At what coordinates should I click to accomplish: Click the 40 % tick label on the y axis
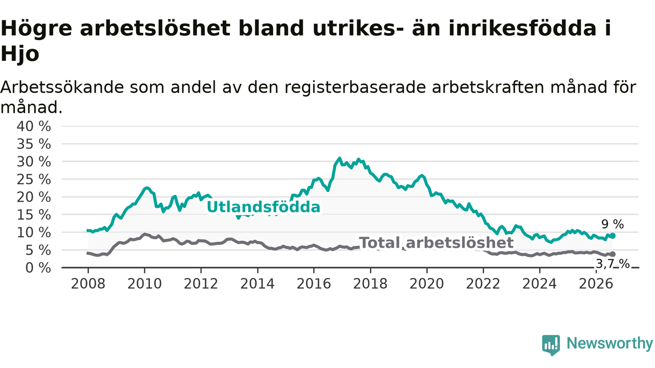[x=34, y=126]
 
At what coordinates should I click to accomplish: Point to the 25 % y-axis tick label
[x=34, y=179]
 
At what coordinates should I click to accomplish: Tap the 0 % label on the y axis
[x=38, y=268]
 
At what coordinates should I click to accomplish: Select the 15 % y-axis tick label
[x=34, y=215]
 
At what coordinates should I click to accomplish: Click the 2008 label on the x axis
[x=88, y=284]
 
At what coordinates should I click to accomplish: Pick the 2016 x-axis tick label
[x=314, y=284]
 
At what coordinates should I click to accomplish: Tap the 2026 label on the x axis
[x=596, y=284]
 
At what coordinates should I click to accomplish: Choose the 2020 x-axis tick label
[x=427, y=284]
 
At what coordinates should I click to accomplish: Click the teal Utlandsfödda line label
[x=264, y=207]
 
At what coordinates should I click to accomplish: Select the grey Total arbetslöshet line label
[x=436, y=243]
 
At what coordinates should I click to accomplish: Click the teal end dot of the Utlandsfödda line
[x=613, y=236]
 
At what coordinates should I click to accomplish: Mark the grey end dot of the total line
[x=613, y=255]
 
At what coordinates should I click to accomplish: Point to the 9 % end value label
[x=613, y=224]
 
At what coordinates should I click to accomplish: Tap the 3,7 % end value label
[x=613, y=264]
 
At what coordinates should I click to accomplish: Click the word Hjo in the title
[x=20, y=54]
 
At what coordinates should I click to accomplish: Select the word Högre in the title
[x=36, y=29]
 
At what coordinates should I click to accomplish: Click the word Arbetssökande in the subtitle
[x=62, y=87]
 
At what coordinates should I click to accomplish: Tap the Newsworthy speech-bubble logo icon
[x=551, y=345]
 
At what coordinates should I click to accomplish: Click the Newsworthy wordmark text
[x=610, y=343]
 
